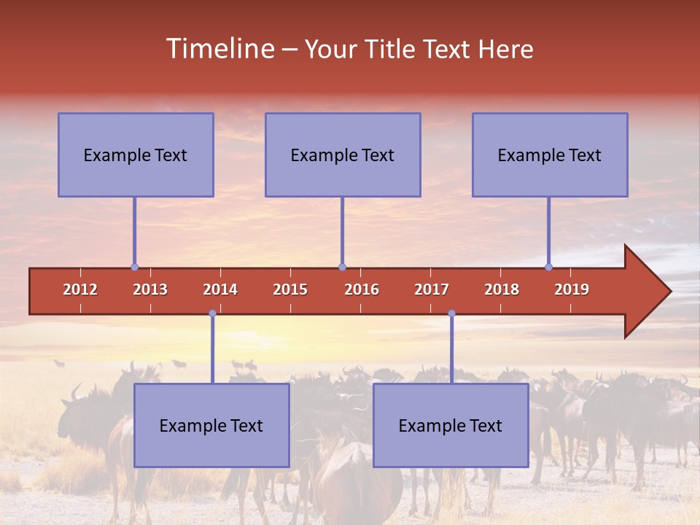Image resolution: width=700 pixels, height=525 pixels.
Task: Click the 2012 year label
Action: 80,289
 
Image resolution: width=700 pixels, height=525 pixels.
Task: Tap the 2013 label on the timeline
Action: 150,289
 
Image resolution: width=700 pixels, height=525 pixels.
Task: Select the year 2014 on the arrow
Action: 220,289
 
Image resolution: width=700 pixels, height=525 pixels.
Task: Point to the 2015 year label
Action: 290,289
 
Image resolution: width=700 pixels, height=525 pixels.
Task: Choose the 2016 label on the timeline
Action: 362,289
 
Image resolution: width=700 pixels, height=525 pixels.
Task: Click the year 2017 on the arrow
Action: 432,289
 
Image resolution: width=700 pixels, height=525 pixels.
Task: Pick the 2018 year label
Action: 502,289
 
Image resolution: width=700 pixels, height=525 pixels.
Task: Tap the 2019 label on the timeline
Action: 572,289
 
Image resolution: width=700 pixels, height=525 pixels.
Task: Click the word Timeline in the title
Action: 219,49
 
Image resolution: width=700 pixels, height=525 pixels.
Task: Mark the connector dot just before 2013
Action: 134,268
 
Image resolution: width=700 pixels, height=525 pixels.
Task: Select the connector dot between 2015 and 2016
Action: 342,268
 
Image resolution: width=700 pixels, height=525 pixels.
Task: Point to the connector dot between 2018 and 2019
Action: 548,268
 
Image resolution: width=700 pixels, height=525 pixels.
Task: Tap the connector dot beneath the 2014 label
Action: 212,314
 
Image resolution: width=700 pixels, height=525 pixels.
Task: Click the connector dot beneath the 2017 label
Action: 451,314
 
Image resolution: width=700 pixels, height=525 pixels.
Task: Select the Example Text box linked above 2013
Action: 136,155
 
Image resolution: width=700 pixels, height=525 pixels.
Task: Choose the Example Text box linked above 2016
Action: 343,155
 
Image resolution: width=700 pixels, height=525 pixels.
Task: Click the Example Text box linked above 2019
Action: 550,155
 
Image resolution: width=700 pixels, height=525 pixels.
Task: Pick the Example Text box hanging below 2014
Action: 211,425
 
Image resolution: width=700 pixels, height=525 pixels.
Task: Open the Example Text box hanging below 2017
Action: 451,425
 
